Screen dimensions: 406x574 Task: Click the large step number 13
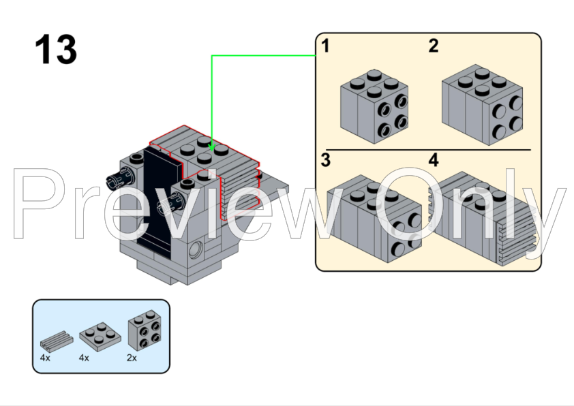point(56,50)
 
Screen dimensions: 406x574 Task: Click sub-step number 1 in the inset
point(326,46)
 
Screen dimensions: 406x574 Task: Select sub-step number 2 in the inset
point(434,46)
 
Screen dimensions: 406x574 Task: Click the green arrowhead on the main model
point(212,146)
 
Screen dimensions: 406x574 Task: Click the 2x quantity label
point(132,358)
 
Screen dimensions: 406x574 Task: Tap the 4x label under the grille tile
point(46,358)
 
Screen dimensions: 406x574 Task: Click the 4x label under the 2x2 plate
point(84,358)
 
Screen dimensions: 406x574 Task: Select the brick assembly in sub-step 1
point(374,106)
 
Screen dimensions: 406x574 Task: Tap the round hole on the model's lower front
point(196,250)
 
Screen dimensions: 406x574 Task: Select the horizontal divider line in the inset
point(427,149)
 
